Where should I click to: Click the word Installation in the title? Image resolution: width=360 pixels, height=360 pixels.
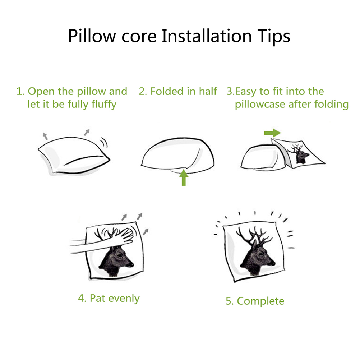207,36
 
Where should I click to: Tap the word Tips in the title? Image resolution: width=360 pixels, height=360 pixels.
274,37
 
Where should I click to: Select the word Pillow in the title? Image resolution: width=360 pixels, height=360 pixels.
92,36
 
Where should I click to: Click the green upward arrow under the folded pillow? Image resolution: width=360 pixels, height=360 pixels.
184,177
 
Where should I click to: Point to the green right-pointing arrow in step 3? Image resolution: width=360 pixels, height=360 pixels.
272,133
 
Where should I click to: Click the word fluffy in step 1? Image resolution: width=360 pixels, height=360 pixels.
104,105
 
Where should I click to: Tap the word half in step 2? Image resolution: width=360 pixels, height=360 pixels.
208,91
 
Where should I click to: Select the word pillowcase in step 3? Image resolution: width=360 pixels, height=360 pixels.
260,105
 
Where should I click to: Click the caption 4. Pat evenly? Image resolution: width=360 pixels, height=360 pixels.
109,299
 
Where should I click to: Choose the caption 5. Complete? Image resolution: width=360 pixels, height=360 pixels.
255,301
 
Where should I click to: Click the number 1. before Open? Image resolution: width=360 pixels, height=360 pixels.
20,91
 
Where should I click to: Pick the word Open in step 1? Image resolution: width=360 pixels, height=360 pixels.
41,92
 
